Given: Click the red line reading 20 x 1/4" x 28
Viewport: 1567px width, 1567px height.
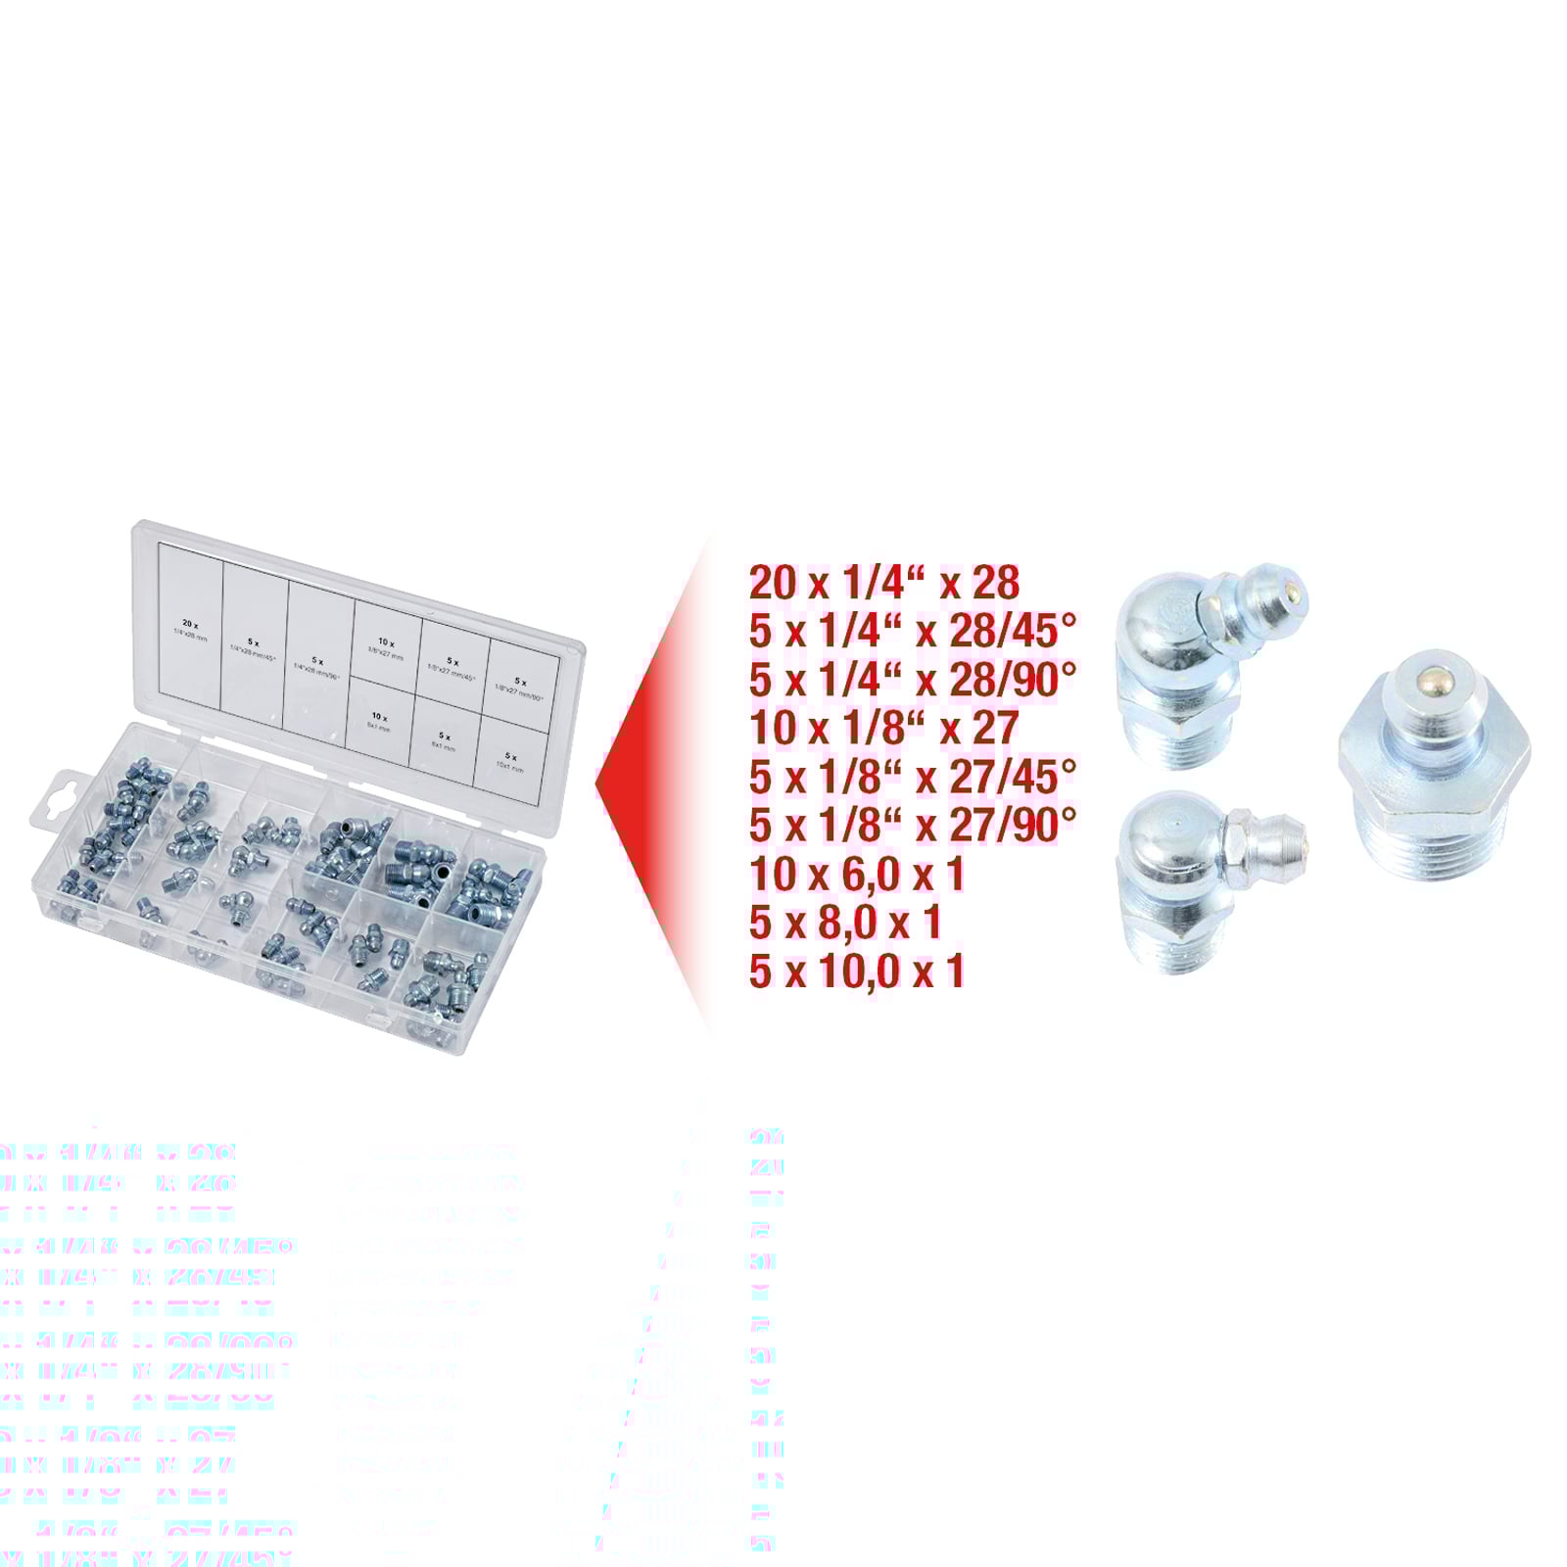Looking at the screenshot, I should pyautogui.click(x=883, y=583).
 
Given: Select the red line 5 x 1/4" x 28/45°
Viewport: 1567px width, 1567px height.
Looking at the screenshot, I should pyautogui.click(x=912, y=632).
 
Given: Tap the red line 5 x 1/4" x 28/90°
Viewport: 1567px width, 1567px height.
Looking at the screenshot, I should pyautogui.click(x=912, y=680).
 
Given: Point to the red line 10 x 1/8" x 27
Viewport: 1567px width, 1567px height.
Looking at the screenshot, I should pyautogui.click(x=883, y=728).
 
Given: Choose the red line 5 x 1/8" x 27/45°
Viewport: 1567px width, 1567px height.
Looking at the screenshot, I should pyautogui.click(x=912, y=777).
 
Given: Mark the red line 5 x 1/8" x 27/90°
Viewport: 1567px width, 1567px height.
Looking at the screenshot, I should pyautogui.click(x=912, y=825).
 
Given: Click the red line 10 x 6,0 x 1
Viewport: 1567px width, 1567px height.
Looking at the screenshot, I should pyautogui.click(x=857, y=874).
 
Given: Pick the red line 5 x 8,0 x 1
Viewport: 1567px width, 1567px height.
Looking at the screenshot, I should pyautogui.click(x=844, y=923).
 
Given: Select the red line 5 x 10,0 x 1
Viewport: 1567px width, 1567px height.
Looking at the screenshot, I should pyautogui.click(x=857, y=971).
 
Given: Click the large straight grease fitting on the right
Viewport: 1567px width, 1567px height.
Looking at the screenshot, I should pyautogui.click(x=1433, y=774).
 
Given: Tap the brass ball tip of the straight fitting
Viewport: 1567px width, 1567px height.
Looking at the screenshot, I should pyautogui.click(x=1431, y=677).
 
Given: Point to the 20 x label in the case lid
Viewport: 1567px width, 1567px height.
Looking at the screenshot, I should pyautogui.click(x=190, y=624).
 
